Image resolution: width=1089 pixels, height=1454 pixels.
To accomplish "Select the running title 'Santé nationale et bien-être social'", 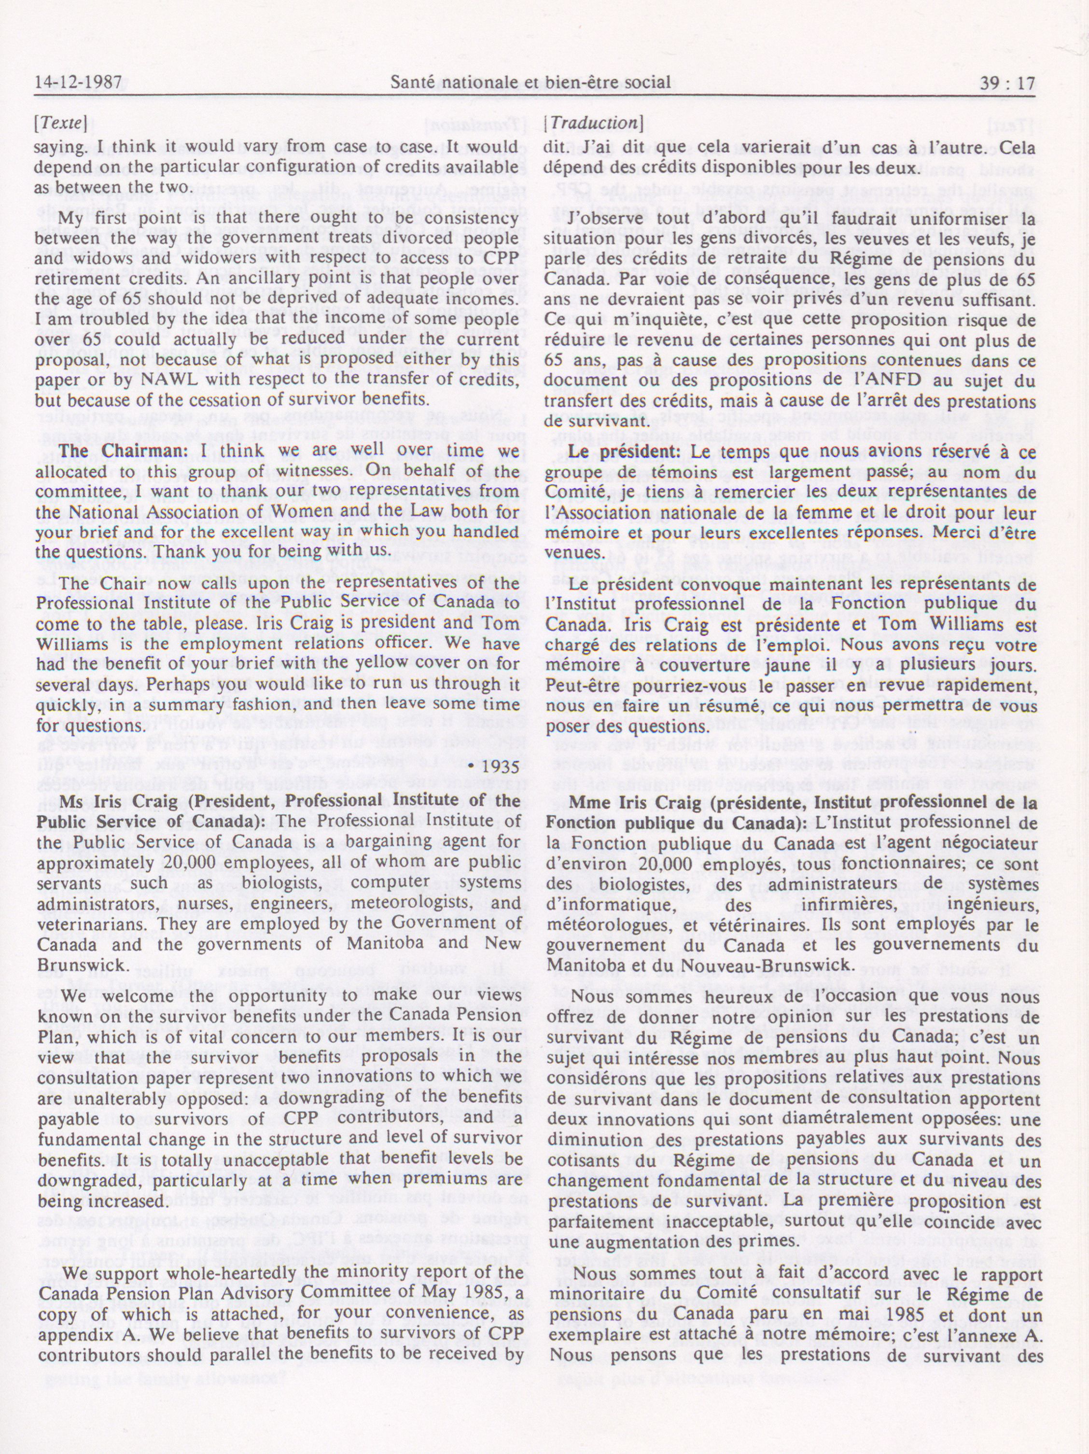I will (x=530, y=83).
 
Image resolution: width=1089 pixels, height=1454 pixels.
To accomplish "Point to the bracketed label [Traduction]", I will (x=593, y=123).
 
